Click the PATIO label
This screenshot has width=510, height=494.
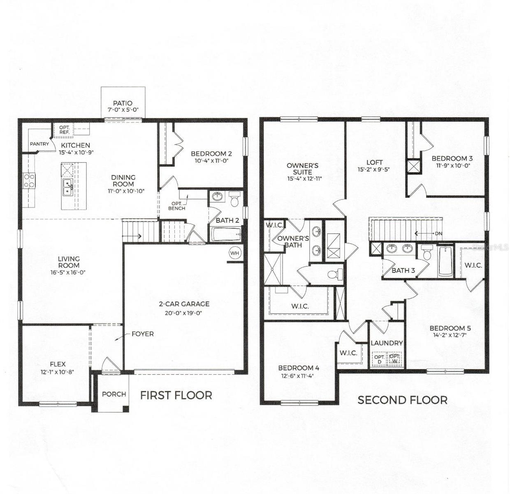pyautogui.click(x=123, y=103)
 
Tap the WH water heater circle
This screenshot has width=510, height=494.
pyautogui.click(x=235, y=253)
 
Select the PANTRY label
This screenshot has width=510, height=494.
pyautogui.click(x=39, y=144)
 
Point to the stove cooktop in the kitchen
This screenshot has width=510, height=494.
pyautogui.click(x=29, y=180)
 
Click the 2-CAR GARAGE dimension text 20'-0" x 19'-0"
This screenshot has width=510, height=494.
pyautogui.click(x=184, y=313)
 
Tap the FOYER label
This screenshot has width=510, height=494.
pyautogui.click(x=142, y=334)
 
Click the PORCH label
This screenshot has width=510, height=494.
pyautogui.click(x=114, y=394)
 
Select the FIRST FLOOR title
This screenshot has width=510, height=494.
pyautogui.click(x=176, y=396)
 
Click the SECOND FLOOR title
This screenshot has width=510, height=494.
pyautogui.click(x=402, y=400)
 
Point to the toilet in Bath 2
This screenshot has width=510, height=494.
pyautogui.click(x=234, y=200)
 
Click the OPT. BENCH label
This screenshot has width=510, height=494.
pyautogui.click(x=177, y=206)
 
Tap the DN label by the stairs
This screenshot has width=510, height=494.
pyautogui.click(x=438, y=233)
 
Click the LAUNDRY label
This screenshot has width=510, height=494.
pyautogui.click(x=387, y=343)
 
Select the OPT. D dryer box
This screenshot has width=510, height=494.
pyautogui.click(x=379, y=359)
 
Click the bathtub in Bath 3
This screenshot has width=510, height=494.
pyautogui.click(x=446, y=261)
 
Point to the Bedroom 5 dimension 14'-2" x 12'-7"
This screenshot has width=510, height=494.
pyautogui.click(x=450, y=335)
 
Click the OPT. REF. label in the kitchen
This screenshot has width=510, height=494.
pyautogui.click(x=64, y=130)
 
